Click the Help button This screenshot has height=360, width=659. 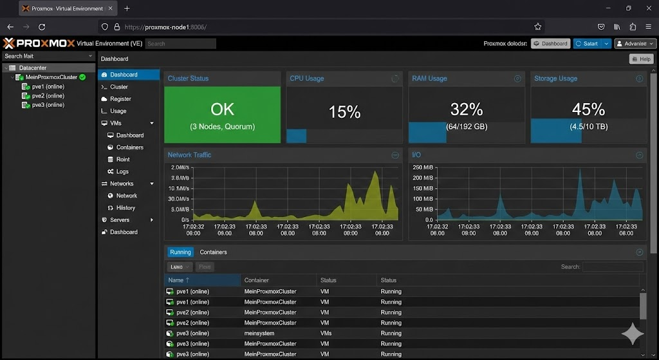(641, 59)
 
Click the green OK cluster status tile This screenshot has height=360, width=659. (222, 115)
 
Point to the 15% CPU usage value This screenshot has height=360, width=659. (344, 111)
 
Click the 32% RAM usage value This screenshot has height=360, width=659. (466, 109)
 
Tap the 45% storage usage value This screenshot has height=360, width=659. (588, 109)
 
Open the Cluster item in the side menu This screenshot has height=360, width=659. (118, 87)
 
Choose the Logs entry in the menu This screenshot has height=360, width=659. (122, 172)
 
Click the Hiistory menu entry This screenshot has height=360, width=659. (125, 208)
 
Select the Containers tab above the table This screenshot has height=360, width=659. (213, 252)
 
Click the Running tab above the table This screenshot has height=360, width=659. (180, 252)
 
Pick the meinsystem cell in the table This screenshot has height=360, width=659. (259, 334)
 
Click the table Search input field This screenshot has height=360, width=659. (612, 267)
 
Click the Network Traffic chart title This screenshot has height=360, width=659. (189, 155)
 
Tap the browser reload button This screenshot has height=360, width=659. (42, 27)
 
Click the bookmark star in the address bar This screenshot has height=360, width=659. (537, 27)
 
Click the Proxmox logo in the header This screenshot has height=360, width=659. (39, 44)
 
